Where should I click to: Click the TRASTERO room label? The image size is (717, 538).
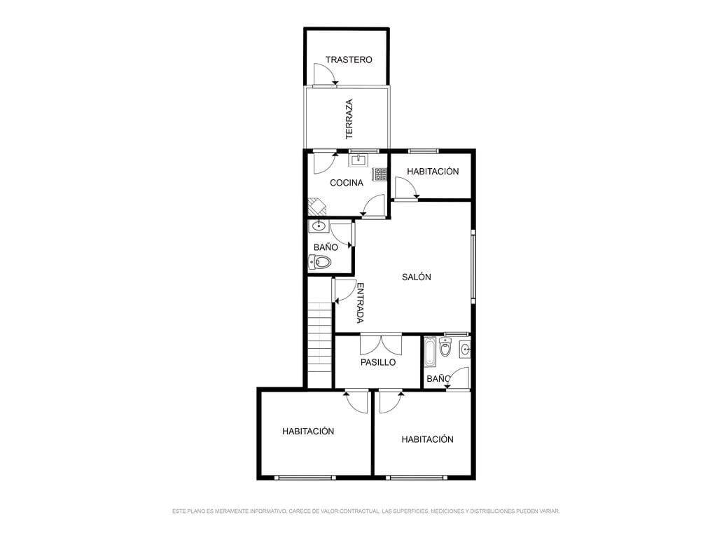tap(349, 60)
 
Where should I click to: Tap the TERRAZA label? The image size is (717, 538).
tap(349, 119)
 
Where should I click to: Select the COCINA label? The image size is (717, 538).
tap(346, 183)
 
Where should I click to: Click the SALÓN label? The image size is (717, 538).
tap(416, 277)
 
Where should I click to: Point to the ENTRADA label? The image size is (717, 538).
tap(361, 303)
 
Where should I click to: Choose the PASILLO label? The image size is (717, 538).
tap(377, 362)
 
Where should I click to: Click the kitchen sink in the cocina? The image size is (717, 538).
tap(358, 160)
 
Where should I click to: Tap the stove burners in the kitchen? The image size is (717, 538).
tap(380, 174)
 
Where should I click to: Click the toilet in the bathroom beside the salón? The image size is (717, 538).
tap(320, 262)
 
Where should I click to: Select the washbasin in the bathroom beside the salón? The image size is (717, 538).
tap(317, 226)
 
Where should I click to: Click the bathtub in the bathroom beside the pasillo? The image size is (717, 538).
tap(430, 352)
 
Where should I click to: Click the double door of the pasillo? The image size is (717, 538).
tap(381, 345)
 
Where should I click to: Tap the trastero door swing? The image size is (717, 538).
tap(325, 74)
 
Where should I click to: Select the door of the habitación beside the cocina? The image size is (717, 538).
tap(406, 188)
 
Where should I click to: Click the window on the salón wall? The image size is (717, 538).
tap(473, 267)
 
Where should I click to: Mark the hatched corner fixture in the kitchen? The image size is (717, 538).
tap(316, 207)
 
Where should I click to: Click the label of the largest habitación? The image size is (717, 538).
tap(308, 432)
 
